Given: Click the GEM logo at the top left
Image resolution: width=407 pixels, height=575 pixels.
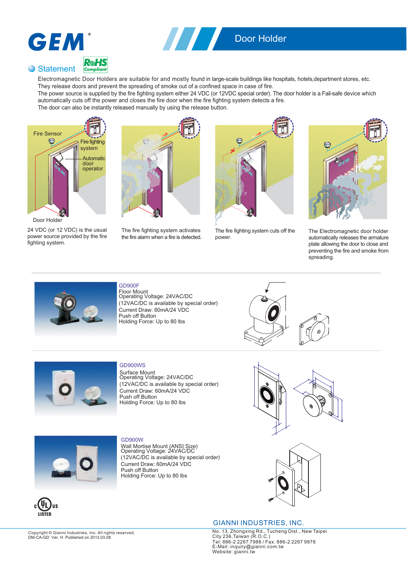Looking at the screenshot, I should coord(56,42).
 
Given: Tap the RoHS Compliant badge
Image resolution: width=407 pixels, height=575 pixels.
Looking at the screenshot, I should coord(96,65).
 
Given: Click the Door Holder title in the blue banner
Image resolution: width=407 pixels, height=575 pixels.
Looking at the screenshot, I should coord(260,39).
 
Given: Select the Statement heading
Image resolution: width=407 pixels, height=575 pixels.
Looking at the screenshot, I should coord(56,69).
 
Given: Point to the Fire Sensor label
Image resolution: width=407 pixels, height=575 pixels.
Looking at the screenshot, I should coord(47,134).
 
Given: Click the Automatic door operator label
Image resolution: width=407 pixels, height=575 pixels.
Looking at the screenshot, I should coord(93,164).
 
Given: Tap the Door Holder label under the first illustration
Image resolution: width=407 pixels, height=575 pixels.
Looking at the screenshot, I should coord(47,220).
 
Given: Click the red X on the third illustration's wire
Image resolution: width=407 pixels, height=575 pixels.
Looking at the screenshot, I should coord(233,151).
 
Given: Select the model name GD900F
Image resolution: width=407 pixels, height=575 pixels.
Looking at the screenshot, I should coord(129,286).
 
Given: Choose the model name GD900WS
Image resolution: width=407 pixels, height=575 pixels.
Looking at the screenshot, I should coord(132,365).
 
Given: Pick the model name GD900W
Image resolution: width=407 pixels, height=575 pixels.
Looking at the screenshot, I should coord(132,440).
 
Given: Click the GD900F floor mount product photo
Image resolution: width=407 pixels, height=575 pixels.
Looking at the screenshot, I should coord(76,309).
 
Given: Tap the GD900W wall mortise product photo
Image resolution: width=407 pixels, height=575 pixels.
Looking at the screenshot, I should coord(76,463).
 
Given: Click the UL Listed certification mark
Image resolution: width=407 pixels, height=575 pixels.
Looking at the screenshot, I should coord(45,506).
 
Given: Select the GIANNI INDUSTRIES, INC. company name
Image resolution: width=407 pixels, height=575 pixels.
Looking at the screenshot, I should coord(258,523).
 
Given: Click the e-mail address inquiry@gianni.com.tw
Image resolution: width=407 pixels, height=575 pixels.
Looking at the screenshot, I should coord(256,546).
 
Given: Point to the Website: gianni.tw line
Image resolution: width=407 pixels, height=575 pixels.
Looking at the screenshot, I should coord(233,552).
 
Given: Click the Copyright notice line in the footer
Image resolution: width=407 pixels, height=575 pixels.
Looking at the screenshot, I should coord(81,533).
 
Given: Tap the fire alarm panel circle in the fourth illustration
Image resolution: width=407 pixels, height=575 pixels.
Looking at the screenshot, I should coord(375,130).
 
